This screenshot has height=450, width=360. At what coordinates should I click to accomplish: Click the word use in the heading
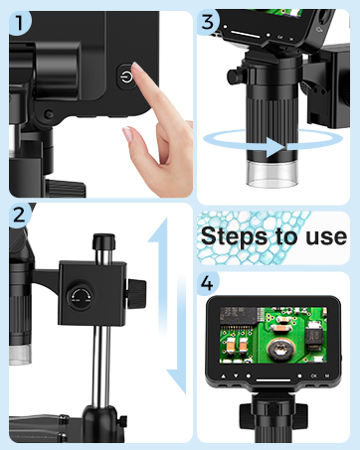(326, 236)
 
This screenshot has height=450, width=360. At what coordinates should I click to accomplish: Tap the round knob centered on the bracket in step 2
(80, 295)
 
